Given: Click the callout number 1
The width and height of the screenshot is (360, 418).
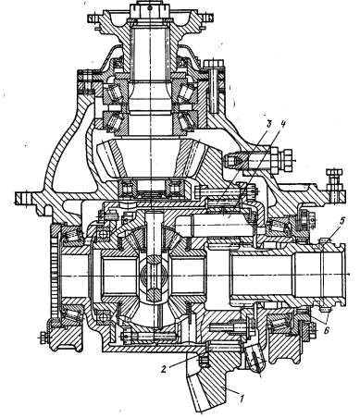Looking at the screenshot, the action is coord(242,399).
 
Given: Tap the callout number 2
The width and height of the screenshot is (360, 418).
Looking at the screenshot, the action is coord(164,368).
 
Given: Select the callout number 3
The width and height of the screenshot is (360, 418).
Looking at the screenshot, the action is coord(269,124).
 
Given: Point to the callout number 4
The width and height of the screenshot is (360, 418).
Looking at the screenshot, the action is coord(283,124).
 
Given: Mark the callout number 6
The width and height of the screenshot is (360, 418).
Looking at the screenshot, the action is coord(327,330).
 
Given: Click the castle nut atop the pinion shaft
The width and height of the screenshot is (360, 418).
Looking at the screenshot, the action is coord(150,10).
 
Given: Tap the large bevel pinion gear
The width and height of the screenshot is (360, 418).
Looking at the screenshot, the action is coord(152,158).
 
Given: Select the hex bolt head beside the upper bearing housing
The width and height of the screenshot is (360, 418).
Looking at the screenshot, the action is coord(214,64).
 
